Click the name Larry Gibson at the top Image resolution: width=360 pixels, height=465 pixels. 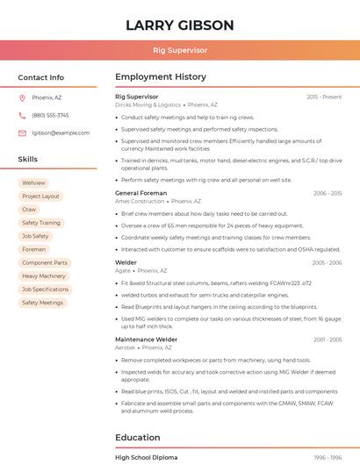(179, 25)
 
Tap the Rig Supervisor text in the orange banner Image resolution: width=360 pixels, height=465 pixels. (179, 50)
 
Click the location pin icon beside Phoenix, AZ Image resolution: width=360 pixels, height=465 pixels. (22, 97)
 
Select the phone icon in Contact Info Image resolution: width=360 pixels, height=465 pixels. (22, 115)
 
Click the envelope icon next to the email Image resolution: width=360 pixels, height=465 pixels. (22, 132)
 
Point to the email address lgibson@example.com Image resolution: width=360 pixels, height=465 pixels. (61, 132)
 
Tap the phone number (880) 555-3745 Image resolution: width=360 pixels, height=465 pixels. (50, 115)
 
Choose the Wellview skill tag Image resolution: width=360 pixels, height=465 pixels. (33, 182)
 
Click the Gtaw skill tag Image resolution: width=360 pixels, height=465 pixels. (29, 209)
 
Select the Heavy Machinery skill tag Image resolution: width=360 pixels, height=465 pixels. (44, 275)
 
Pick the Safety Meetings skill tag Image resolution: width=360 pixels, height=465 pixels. (42, 303)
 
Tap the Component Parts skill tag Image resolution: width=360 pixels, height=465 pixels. (44, 262)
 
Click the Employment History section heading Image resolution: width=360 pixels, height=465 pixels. (161, 77)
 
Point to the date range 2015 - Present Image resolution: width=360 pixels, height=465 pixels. (324, 97)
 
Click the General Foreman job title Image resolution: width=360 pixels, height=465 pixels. (140, 193)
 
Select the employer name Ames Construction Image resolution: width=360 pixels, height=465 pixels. (140, 201)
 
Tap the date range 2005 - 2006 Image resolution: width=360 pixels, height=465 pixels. (327, 262)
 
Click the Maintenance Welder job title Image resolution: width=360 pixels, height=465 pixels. (146, 339)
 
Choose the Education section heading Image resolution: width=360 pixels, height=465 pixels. (138, 437)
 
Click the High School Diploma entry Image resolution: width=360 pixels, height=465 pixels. (146, 457)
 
